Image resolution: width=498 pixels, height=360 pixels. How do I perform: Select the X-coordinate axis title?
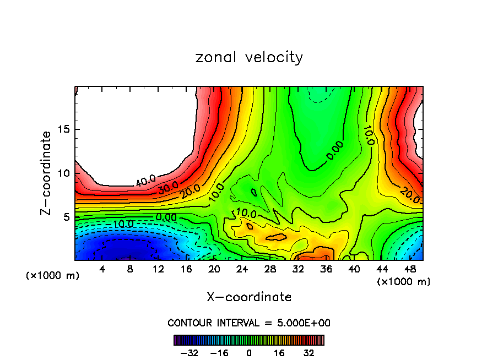click(249, 297)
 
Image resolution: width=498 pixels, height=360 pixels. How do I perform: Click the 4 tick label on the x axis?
click(102, 269)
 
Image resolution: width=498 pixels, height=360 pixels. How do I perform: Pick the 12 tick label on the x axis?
click(158, 269)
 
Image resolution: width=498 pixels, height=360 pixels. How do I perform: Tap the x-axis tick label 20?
click(214, 269)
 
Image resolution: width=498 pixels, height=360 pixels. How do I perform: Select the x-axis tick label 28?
click(270, 269)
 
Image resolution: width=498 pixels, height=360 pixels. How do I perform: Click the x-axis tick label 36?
click(326, 269)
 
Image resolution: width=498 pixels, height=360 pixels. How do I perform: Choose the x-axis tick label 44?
click(382, 269)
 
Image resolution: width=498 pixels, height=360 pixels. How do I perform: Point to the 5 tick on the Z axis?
click(64, 217)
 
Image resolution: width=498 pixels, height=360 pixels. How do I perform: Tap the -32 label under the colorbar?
click(189, 353)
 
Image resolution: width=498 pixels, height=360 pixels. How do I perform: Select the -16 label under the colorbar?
click(219, 353)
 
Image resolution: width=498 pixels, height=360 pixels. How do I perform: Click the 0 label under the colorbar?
click(249, 353)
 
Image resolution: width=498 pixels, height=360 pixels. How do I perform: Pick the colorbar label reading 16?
click(279, 353)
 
